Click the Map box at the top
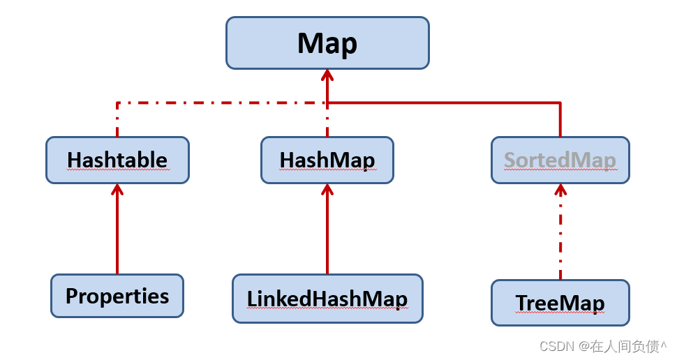(328, 43)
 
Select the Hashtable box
(117, 160)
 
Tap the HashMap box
(327, 160)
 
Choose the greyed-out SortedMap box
(560, 160)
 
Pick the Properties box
(117, 296)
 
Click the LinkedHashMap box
(327, 299)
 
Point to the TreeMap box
(560, 303)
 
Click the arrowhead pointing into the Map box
(327, 75)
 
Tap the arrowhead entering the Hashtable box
(117, 189)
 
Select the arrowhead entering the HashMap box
(327, 189)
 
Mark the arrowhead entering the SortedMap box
(560, 189)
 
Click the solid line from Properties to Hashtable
(117, 230)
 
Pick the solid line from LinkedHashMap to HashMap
(327, 230)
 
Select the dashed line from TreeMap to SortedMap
(560, 232)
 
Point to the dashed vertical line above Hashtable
(117, 119)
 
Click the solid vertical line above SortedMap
(560, 119)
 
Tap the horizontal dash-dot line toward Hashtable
(221, 103)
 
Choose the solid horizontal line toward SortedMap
(444, 103)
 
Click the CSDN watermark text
(603, 346)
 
